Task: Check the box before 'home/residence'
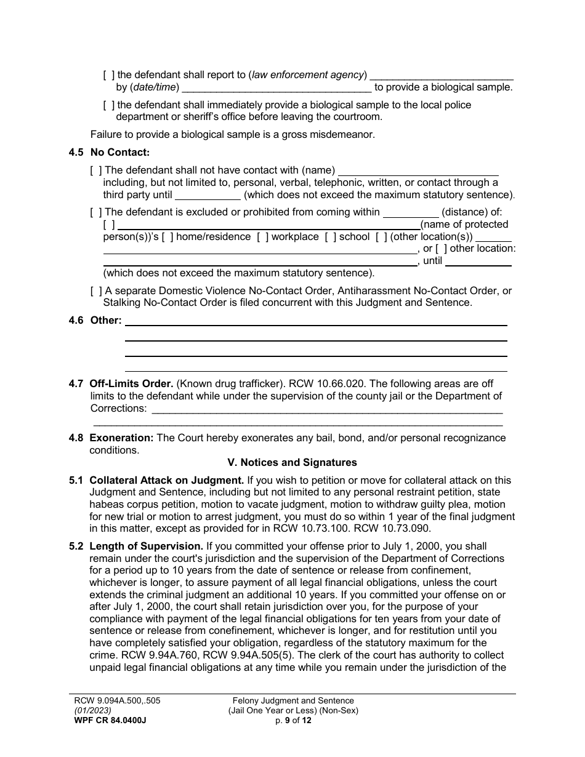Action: (x=167, y=237)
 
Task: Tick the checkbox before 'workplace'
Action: (x=262, y=237)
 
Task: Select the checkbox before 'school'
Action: (x=330, y=237)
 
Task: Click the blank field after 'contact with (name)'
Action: (x=418, y=170)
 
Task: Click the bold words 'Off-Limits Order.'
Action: (x=132, y=384)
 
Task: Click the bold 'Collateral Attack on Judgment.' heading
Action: (x=167, y=480)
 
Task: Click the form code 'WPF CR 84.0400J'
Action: (x=108, y=721)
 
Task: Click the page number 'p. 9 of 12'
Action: (x=293, y=721)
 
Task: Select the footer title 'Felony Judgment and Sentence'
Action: (x=293, y=700)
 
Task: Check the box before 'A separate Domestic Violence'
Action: (x=96, y=291)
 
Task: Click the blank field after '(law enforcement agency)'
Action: (x=441, y=75)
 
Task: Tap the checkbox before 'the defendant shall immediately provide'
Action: (x=109, y=105)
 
